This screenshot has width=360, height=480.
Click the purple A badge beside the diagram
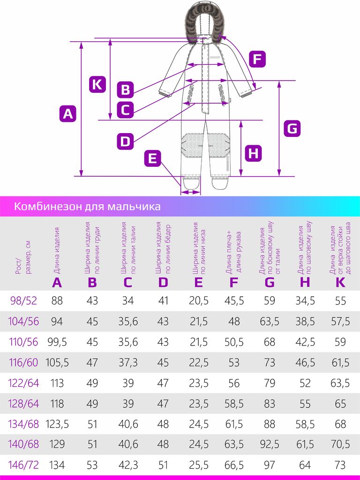pos(68,113)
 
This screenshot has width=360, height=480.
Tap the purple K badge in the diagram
pos(97,84)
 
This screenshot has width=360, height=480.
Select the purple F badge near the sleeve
pos(257,60)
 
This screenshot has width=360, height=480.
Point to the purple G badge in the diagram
pos(292,128)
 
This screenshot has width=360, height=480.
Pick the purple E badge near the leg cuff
pos(152,158)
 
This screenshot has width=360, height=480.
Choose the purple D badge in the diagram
pos(125,141)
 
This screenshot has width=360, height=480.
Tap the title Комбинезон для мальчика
pos(87,206)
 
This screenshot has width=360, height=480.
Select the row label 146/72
pos(23,465)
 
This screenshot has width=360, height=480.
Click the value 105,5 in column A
pos(57,362)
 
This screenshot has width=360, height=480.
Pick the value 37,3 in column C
pos(128,362)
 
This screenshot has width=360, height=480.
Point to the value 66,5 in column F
pos(234,465)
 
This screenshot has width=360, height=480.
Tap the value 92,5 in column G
pos(269,444)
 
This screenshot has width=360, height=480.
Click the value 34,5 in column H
pos(305,300)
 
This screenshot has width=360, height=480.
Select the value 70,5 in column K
pos(340,444)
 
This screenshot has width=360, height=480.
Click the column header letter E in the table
pos(198,282)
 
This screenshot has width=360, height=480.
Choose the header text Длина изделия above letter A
pos(57,250)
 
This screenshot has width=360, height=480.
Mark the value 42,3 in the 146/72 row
pos(128,465)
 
